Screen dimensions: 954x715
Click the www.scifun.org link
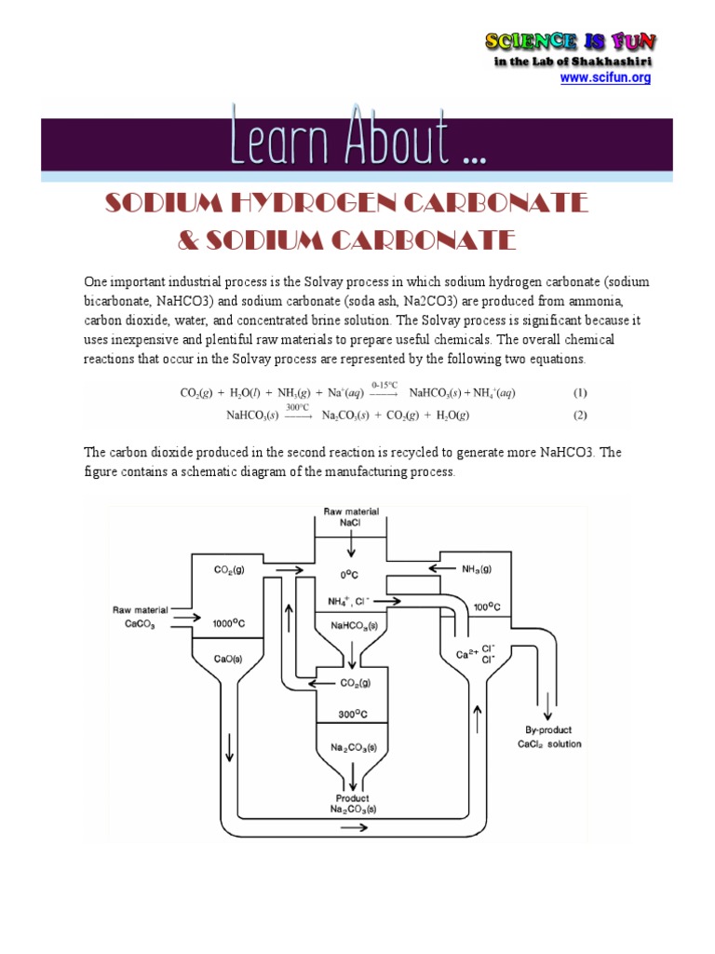click(605, 78)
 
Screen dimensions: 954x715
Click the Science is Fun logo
click(571, 42)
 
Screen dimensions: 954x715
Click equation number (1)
click(580, 393)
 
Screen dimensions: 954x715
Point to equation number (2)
click(580, 415)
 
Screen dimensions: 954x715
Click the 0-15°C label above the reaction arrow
click(384, 384)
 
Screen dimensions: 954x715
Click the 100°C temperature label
click(487, 606)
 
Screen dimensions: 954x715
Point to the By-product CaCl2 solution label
click(549, 737)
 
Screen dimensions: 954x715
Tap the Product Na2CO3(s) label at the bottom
click(352, 804)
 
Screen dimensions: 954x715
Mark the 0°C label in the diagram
click(350, 576)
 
